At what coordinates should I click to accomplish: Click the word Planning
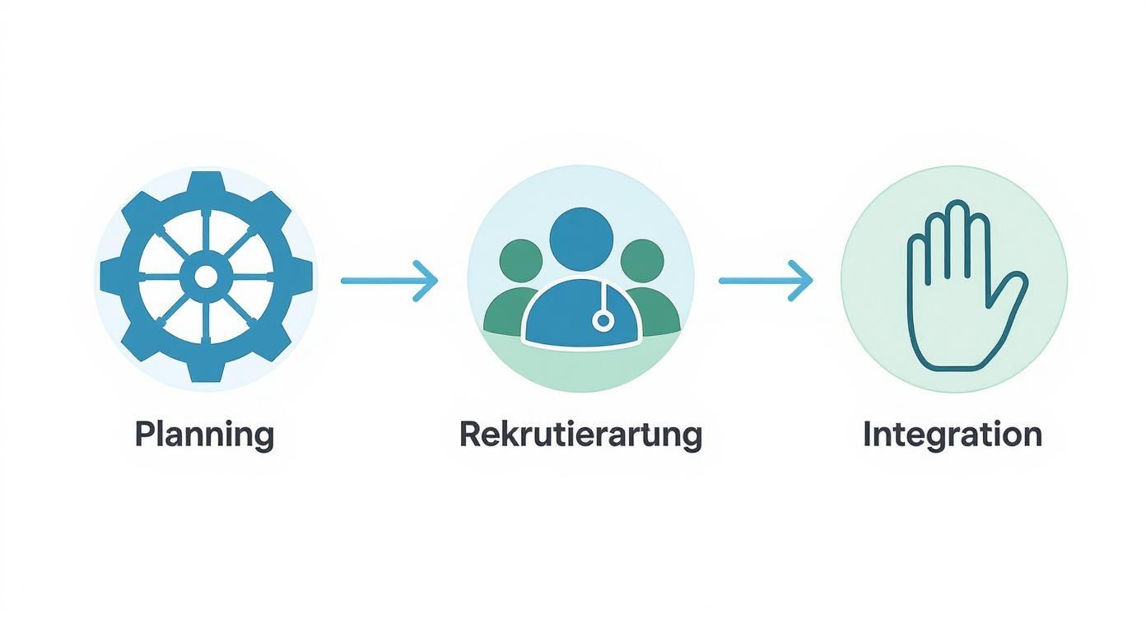coord(203,434)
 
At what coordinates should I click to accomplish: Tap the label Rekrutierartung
coord(580,434)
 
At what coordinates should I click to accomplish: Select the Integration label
coord(952,434)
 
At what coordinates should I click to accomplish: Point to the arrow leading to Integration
coord(765,281)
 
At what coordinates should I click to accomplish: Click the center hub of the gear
coord(205,277)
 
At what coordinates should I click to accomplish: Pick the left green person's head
coord(520,261)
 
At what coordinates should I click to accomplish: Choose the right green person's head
coord(641,261)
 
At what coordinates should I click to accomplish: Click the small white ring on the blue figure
coord(603,321)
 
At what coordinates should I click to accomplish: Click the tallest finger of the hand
coord(957,230)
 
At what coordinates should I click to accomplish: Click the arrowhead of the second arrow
coord(804,281)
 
